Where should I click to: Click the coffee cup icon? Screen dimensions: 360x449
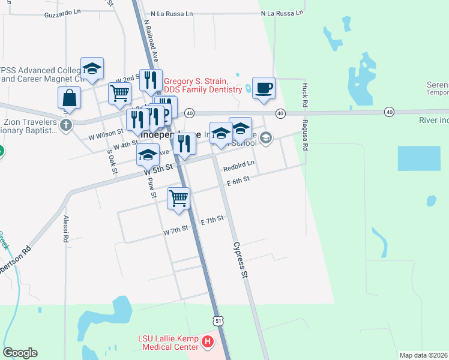264,88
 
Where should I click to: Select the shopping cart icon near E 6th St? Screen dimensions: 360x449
179,198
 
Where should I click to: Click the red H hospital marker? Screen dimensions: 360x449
208,343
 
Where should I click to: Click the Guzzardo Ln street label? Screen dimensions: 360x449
62,12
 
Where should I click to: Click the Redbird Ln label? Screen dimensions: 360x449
239,163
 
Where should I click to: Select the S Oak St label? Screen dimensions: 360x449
111,161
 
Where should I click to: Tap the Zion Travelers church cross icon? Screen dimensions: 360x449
65,126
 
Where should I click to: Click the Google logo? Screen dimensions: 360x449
20,353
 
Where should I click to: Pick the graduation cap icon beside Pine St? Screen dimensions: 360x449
148,155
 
